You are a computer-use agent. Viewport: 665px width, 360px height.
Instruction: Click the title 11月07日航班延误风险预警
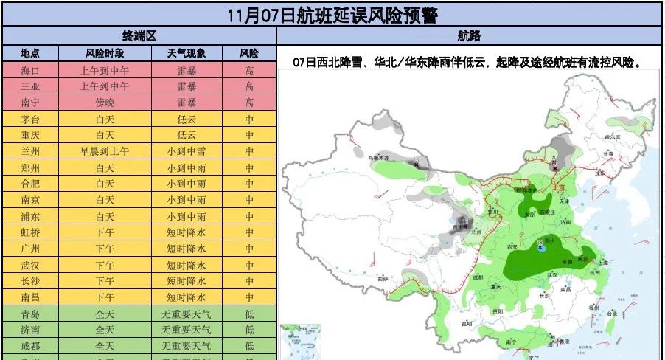click(x=332, y=14)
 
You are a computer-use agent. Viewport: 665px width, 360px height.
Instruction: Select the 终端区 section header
click(x=139, y=35)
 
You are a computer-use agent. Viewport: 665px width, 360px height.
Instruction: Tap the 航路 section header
click(x=469, y=35)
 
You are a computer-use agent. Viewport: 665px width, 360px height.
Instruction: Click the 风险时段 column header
click(x=105, y=53)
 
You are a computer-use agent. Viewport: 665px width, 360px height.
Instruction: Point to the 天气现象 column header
click(x=181, y=53)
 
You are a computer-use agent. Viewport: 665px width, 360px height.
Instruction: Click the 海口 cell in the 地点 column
click(x=30, y=70)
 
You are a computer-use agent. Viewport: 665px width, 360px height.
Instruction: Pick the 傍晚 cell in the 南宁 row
click(x=105, y=103)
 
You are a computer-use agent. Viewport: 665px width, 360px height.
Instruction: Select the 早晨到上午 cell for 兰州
click(x=105, y=151)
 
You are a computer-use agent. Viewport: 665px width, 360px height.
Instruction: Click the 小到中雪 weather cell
click(x=181, y=151)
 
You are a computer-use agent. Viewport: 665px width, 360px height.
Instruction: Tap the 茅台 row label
click(x=30, y=119)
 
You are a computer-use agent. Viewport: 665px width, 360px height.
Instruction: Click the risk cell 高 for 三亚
click(x=249, y=86)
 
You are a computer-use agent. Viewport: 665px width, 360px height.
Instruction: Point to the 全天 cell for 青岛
click(x=105, y=314)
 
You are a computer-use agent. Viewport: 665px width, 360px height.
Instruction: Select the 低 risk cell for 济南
click(x=249, y=330)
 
